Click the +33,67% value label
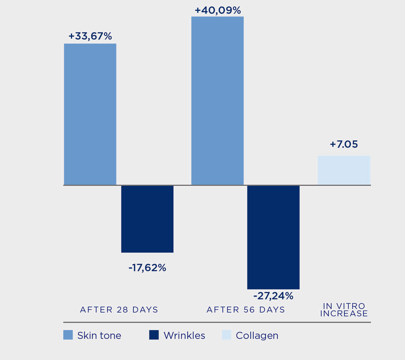pos(90,36)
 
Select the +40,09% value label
pos(217,10)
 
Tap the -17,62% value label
pos(147,268)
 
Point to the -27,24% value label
pos(273,296)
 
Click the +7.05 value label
pos(344,144)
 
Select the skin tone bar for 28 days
pos(90,114)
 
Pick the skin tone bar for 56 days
pos(217,101)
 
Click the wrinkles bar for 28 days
pos(147,219)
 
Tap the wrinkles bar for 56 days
pos(273,237)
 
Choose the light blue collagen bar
pos(344,170)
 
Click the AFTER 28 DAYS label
pos(119,310)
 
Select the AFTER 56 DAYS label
pos(246,310)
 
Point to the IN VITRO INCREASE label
pos(344,310)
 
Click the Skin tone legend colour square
pos(68,335)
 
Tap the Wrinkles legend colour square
pos(154,335)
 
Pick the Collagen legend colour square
pos(226,335)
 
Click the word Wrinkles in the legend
pos(184,336)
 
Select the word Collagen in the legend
pos(257,336)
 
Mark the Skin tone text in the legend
pos(99,336)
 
